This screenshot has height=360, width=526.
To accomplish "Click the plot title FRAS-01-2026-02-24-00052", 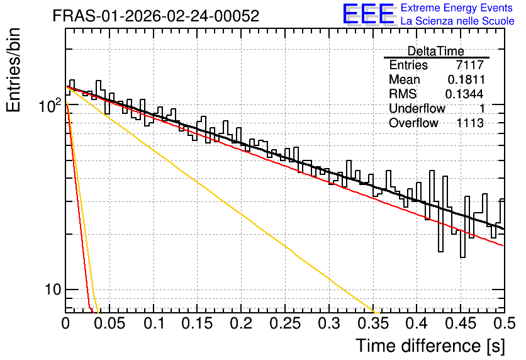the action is tap(156, 16).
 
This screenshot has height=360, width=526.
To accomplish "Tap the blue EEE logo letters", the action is tap(369, 14).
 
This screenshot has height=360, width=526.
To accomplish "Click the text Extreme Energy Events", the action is tap(457, 8).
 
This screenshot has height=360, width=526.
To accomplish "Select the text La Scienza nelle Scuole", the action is tap(457, 21).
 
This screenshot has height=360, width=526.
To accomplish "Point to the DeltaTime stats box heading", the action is tap(436, 51).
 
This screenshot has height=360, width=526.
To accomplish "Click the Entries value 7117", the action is tap(469, 65).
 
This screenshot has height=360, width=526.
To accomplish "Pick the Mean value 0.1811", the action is tap(466, 79).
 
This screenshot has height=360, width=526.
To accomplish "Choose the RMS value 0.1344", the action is tap(464, 94).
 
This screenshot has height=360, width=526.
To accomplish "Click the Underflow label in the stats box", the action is tap(417, 108).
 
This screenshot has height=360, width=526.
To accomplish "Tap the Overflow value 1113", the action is tap(470, 123).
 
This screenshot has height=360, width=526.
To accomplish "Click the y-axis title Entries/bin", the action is tap(13, 70).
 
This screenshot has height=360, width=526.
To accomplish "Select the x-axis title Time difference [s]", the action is tap(430, 346).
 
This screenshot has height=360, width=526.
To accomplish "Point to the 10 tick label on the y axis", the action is tap(53, 290).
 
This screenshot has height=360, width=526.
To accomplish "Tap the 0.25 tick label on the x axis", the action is tap(285, 323).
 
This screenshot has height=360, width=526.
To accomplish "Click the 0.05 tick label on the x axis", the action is tap(109, 323).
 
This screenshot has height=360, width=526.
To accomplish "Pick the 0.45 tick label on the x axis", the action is tap(461, 323).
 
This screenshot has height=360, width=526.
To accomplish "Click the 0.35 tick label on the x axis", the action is tap(373, 323).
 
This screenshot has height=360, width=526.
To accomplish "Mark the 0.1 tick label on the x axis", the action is tap(154, 323).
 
